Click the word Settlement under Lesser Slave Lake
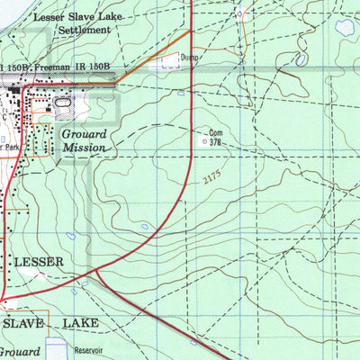(x=83, y=30)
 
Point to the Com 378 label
(x=215, y=136)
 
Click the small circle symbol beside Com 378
(x=203, y=141)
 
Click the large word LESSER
(x=40, y=262)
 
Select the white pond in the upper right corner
(x=344, y=27)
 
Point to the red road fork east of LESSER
(x=94, y=271)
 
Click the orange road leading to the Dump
(x=153, y=55)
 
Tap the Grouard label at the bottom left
(x=20, y=352)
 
